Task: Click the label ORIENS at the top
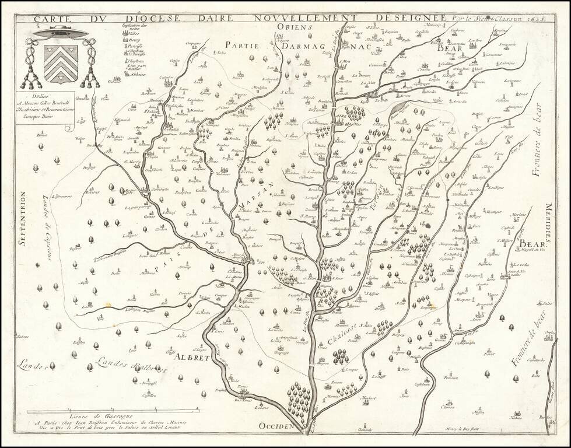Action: [295, 27]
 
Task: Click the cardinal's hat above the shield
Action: [61, 34]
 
